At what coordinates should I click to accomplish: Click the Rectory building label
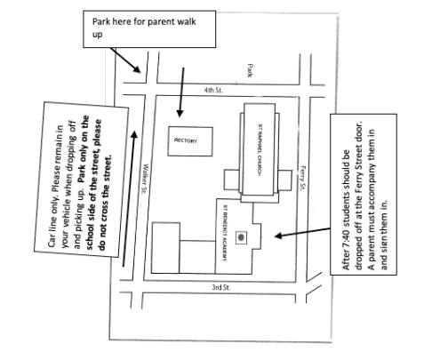coord(186,140)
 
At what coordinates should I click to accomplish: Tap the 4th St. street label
coord(213,90)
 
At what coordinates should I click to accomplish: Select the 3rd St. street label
coord(221,287)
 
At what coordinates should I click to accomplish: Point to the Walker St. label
coord(145,179)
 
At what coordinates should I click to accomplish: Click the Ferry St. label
coord(302,178)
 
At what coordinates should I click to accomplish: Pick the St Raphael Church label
coord(260,149)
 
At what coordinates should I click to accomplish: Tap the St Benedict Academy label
coord(225,233)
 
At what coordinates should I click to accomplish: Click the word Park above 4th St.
coord(250,70)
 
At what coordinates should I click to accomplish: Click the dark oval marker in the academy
coord(241,237)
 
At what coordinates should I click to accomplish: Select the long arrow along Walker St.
coord(129,198)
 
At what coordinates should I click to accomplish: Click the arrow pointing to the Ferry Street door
coord(302,233)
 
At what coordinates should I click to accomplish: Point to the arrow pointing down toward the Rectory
coord(181,92)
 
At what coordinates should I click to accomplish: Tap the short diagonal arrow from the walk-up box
coord(125,60)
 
